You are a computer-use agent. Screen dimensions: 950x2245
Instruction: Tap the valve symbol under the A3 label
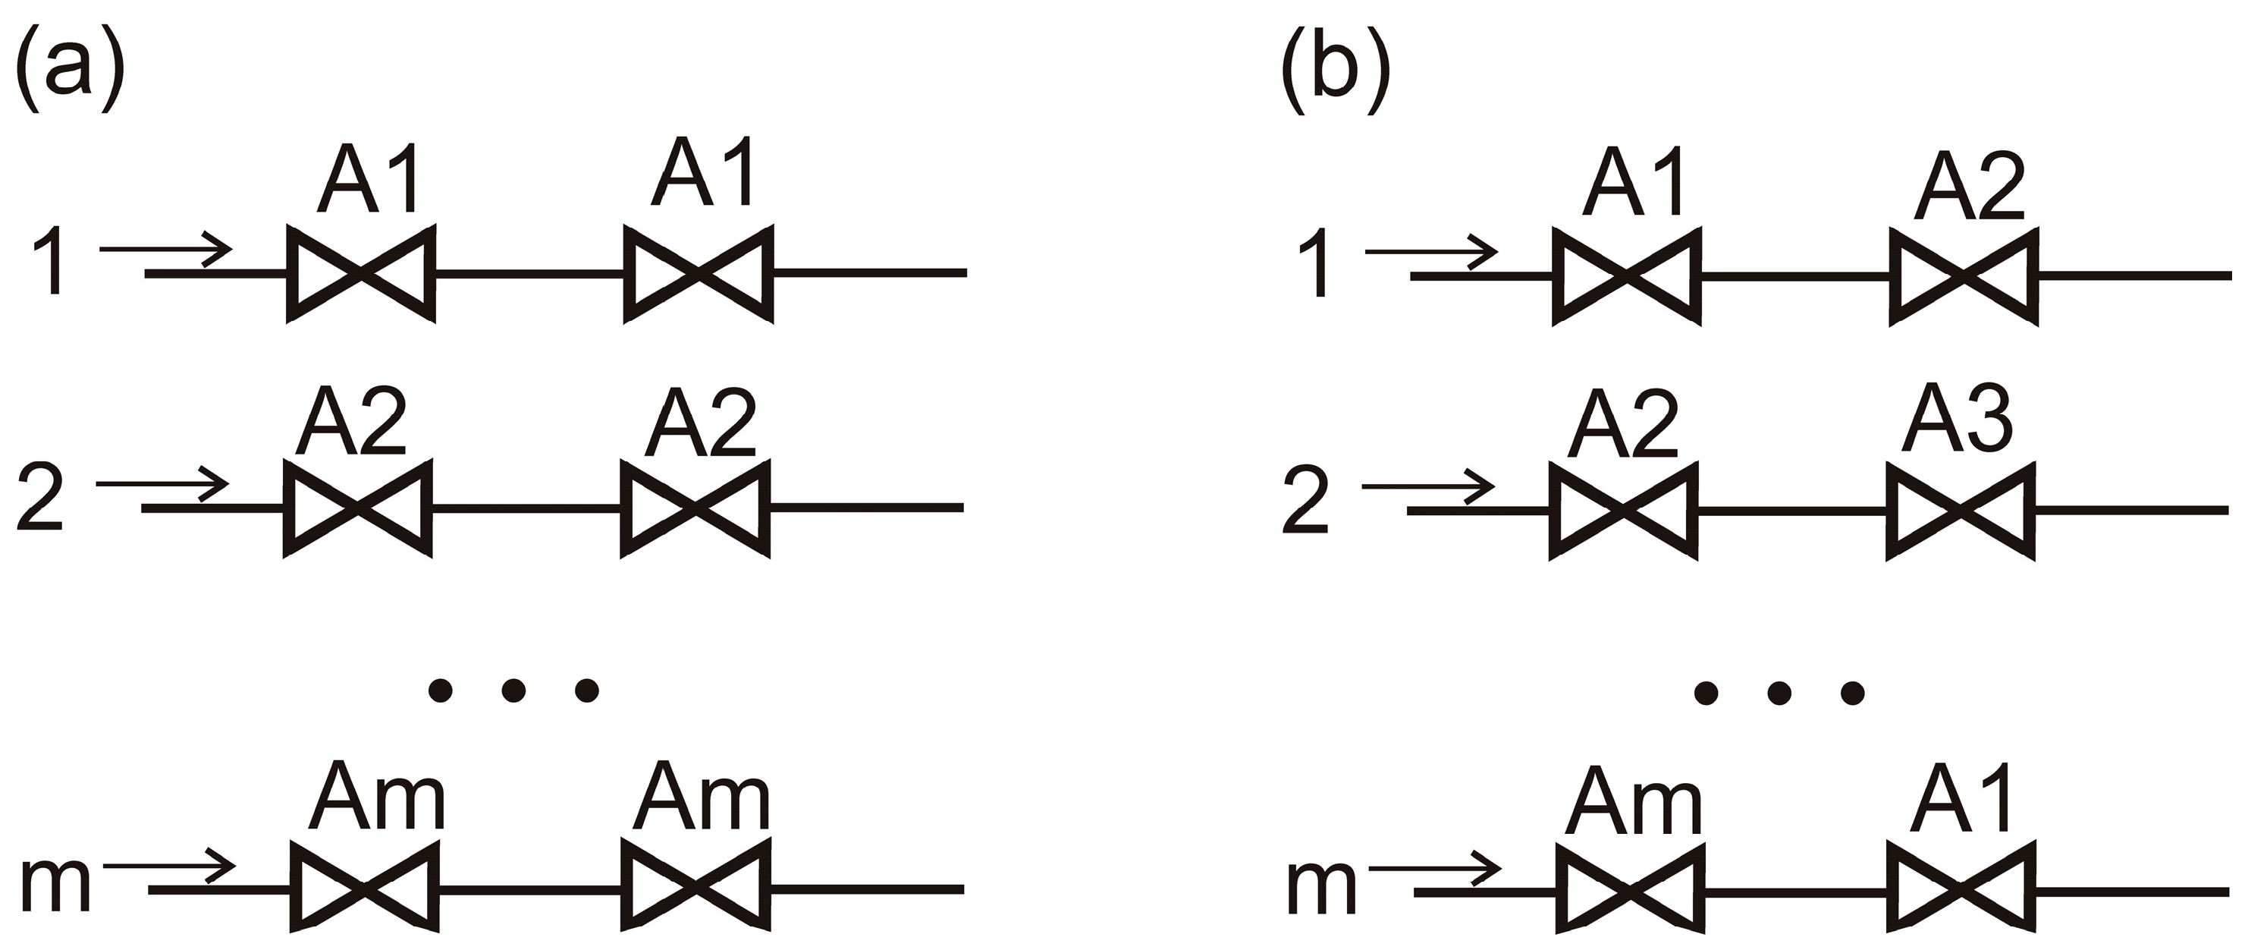[1960, 511]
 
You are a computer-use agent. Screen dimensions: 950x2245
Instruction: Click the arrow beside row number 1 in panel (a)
[165, 250]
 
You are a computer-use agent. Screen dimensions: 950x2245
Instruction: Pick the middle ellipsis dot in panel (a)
[514, 691]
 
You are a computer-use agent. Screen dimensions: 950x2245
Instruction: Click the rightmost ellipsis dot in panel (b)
[1852, 693]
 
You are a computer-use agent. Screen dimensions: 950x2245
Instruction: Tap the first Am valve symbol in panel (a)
[363, 889]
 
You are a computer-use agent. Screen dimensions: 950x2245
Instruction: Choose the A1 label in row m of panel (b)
[1960, 799]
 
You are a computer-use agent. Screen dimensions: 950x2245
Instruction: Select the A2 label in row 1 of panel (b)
[1969, 187]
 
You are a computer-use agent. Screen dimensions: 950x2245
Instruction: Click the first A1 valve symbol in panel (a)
[361, 274]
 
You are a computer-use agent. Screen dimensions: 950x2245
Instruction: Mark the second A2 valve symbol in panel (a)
[695, 508]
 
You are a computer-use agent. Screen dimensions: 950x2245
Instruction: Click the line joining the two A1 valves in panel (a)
[528, 274]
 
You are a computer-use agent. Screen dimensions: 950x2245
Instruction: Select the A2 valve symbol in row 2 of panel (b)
[1624, 511]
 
